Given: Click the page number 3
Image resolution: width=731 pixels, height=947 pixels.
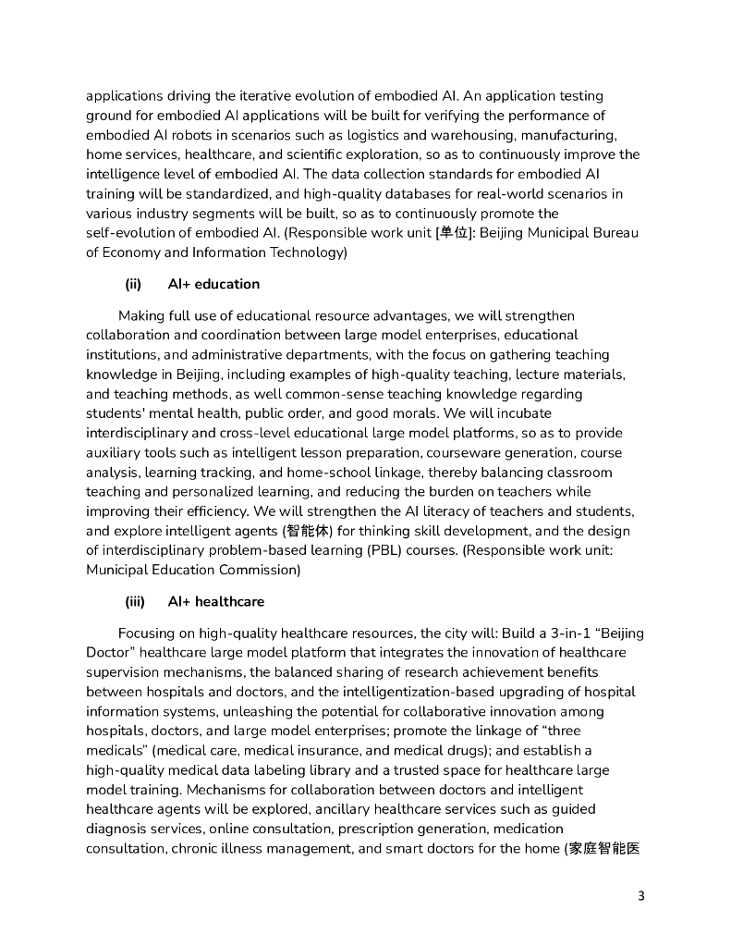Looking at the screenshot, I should tap(641, 896).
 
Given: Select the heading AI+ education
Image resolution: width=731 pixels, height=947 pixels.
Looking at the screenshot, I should tap(213, 284).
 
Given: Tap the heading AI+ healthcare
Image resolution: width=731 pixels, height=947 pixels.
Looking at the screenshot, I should tap(215, 601).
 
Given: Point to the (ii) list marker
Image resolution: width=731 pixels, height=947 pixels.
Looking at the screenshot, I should tap(132, 284).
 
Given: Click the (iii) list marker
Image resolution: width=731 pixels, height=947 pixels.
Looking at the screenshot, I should tap(135, 601).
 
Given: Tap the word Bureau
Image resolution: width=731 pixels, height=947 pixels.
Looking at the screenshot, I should tap(613, 232).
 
